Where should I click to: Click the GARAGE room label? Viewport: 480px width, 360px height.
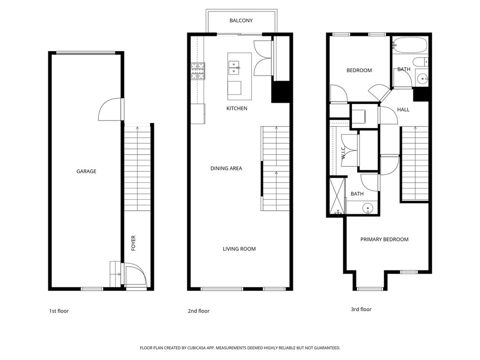[86, 172]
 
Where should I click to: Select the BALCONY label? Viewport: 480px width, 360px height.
[241, 21]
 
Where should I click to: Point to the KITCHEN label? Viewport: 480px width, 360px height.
[237, 108]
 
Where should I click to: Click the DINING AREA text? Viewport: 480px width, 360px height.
[226, 168]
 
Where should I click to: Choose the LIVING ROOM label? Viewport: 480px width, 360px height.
[239, 249]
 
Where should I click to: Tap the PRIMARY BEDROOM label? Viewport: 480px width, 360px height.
[384, 240]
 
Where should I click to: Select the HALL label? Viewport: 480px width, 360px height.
[403, 110]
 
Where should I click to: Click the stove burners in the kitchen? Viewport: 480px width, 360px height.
[197, 71]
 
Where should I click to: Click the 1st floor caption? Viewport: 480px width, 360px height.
[59, 311]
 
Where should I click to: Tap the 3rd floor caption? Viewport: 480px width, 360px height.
[361, 309]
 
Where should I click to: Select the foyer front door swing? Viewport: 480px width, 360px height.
[135, 275]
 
